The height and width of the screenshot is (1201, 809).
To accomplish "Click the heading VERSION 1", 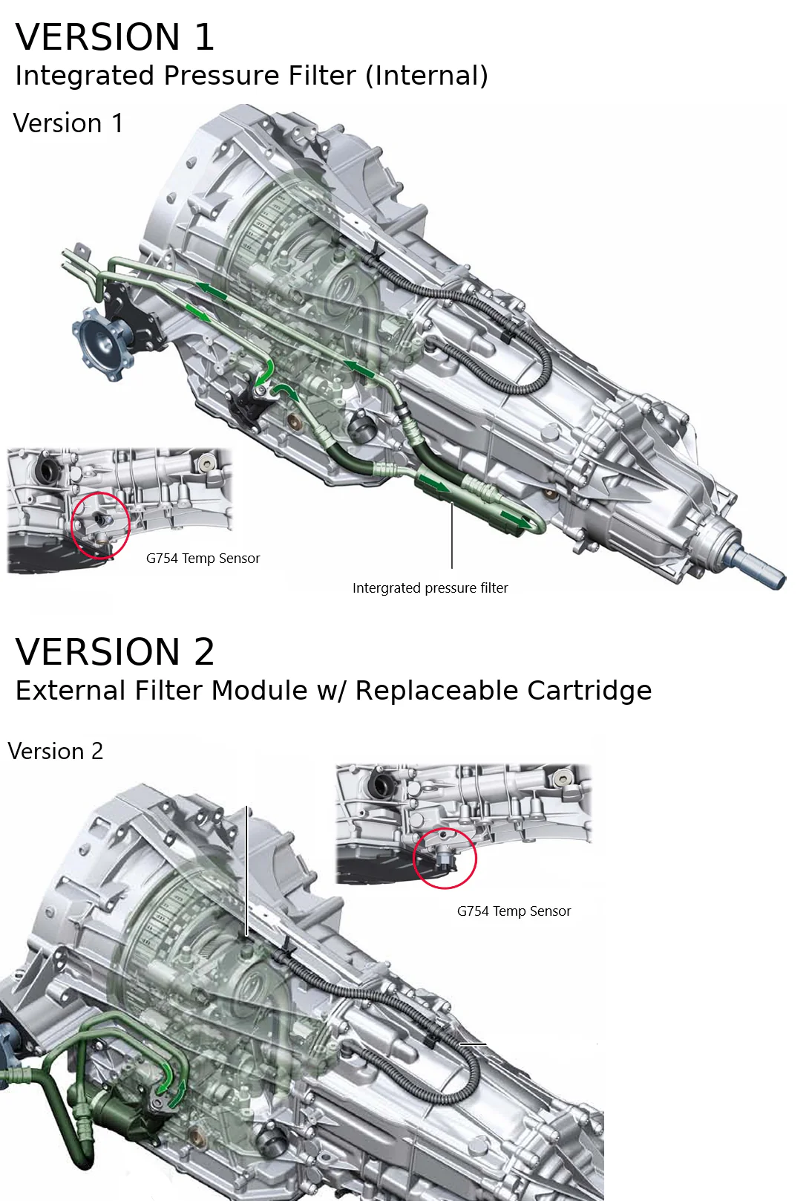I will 115,37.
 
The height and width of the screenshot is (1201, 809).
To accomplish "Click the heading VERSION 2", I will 115,652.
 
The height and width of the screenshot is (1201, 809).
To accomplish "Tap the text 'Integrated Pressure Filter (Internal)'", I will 251,76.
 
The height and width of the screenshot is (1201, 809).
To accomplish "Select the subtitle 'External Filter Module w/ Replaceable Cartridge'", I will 333,691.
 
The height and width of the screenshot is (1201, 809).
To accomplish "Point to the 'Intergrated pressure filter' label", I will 430,588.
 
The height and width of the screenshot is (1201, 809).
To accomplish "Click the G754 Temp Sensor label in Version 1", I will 203,559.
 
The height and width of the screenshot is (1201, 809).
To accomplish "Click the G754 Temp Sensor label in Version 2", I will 514,911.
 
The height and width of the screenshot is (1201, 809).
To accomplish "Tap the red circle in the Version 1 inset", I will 100,525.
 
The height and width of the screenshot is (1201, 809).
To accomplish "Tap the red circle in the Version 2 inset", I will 445,858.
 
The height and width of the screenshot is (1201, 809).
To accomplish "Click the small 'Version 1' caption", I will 68,123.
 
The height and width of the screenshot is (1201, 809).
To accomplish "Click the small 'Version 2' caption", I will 56,752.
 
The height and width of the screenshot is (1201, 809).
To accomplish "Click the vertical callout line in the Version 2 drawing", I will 246,869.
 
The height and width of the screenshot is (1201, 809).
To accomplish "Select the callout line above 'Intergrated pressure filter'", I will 452,535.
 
